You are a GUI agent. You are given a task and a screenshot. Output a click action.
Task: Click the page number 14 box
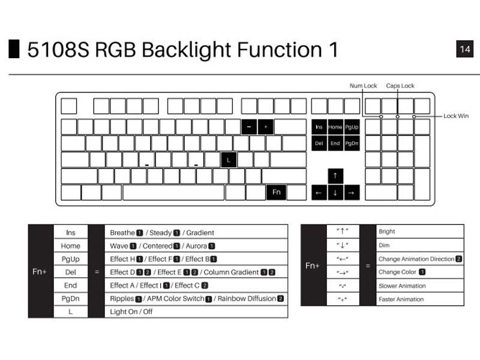point(465,49)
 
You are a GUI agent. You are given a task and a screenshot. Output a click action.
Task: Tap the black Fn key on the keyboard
point(276,192)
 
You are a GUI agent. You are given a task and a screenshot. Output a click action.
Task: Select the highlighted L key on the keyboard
point(228,160)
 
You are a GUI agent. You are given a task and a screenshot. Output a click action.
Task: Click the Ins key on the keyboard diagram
point(319,127)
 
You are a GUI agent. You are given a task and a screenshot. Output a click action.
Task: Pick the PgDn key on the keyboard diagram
point(352,143)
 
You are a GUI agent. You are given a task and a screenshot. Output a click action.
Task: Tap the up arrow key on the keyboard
point(335,176)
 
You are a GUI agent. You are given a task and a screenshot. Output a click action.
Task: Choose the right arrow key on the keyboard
point(352,193)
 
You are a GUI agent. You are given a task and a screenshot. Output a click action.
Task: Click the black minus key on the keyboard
point(249,127)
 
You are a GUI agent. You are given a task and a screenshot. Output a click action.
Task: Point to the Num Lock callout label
point(364,86)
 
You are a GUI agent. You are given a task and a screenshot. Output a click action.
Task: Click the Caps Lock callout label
point(400,86)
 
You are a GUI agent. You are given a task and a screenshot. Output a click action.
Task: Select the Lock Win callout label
point(456,116)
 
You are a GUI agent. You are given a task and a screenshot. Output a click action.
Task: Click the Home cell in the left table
point(70,245)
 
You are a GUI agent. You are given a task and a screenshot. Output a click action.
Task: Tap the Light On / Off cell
point(131,311)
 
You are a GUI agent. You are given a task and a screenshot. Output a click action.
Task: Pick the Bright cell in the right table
point(387,231)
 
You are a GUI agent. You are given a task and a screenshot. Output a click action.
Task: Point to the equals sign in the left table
point(96,272)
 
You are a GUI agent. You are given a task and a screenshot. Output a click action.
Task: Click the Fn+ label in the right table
point(313,265)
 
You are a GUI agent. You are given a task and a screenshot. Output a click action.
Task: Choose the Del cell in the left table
point(70,272)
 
